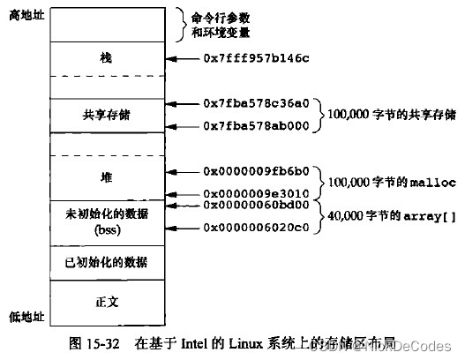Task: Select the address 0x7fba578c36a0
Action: tap(256, 102)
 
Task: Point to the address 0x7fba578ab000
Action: tap(256, 127)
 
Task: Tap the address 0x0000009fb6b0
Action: tap(256, 169)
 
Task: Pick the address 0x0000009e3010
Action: tap(256, 192)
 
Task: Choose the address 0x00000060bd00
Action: tap(256, 205)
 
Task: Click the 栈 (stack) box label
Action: tap(106, 58)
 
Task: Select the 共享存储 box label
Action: tap(106, 114)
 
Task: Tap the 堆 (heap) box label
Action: tap(106, 177)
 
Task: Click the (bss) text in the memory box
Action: tap(106, 229)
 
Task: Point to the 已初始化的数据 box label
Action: tap(106, 262)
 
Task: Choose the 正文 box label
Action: tap(106, 301)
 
